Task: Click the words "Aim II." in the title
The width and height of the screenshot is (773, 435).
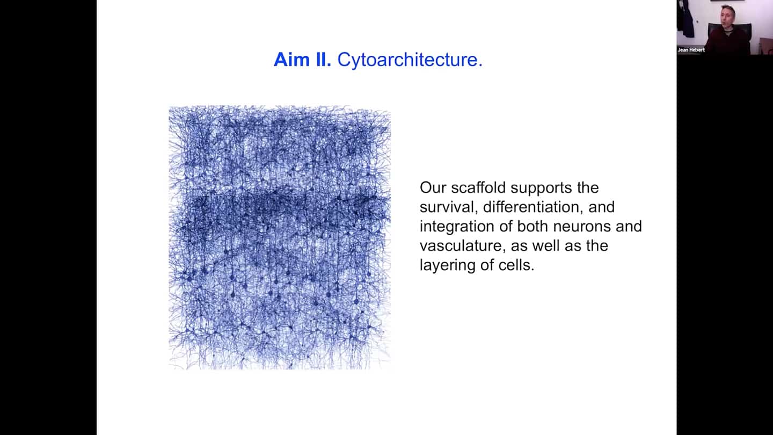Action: pos(302,60)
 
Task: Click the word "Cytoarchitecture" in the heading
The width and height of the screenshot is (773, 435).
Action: pos(407,60)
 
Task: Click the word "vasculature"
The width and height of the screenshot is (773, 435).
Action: pos(462,246)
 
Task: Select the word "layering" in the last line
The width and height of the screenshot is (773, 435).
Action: pos(447,266)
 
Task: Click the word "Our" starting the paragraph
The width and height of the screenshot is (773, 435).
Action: pos(433,187)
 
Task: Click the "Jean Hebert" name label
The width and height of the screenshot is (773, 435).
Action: pos(691,50)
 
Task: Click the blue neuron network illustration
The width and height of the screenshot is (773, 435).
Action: pos(280,237)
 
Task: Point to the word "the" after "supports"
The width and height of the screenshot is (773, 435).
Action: pos(588,187)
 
